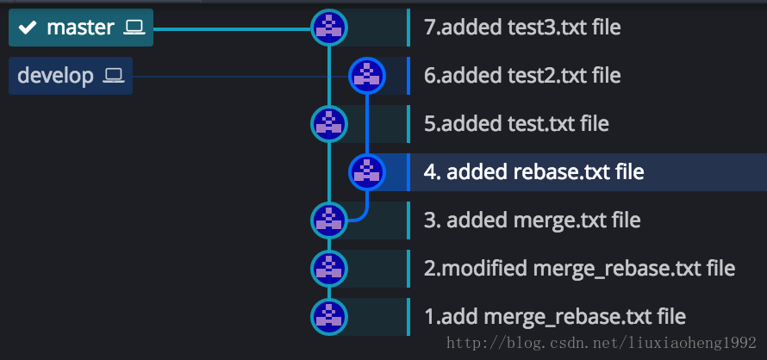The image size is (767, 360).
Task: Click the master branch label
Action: click(x=80, y=28)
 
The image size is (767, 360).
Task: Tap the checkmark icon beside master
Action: click(x=28, y=28)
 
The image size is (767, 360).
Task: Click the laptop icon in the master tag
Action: click(x=134, y=28)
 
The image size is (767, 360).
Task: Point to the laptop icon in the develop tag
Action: click(x=114, y=76)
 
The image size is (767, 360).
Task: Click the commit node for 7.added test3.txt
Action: click(x=328, y=28)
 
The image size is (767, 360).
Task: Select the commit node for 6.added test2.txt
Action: click(x=367, y=76)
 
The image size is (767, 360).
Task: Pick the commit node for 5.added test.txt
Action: click(x=328, y=124)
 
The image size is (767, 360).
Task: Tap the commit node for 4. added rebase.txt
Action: click(x=367, y=172)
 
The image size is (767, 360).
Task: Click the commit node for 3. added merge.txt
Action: click(x=328, y=220)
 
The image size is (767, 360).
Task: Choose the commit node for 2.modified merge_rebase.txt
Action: click(x=328, y=268)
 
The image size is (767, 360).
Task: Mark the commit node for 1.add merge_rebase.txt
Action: click(x=328, y=316)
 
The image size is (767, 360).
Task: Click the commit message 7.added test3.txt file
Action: click(x=522, y=28)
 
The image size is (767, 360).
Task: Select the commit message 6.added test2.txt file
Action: click(x=522, y=76)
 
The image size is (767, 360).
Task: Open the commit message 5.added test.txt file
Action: click(x=516, y=124)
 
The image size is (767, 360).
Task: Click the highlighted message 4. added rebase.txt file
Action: click(x=533, y=172)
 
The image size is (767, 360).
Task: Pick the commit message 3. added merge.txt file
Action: click(x=532, y=220)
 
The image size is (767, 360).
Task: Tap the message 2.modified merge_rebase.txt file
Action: click(x=579, y=269)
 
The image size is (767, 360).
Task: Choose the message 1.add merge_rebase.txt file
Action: click(x=555, y=317)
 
